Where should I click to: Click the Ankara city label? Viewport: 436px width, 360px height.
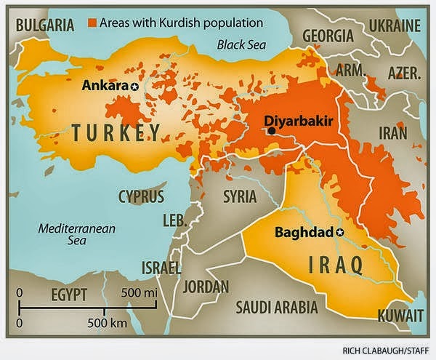coord(105,86)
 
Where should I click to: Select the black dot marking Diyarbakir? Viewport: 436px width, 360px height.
coord(271,131)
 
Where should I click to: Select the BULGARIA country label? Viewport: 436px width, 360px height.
coord(44,25)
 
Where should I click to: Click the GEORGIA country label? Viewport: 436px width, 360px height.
coord(328,36)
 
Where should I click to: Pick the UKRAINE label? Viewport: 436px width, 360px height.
coord(394,25)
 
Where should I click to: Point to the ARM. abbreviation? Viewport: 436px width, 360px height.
coord(350,71)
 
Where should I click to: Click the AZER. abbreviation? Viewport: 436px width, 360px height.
coord(404,73)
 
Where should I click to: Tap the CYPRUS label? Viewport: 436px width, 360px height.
coord(142,197)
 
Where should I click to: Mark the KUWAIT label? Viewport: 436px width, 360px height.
coord(400,316)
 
